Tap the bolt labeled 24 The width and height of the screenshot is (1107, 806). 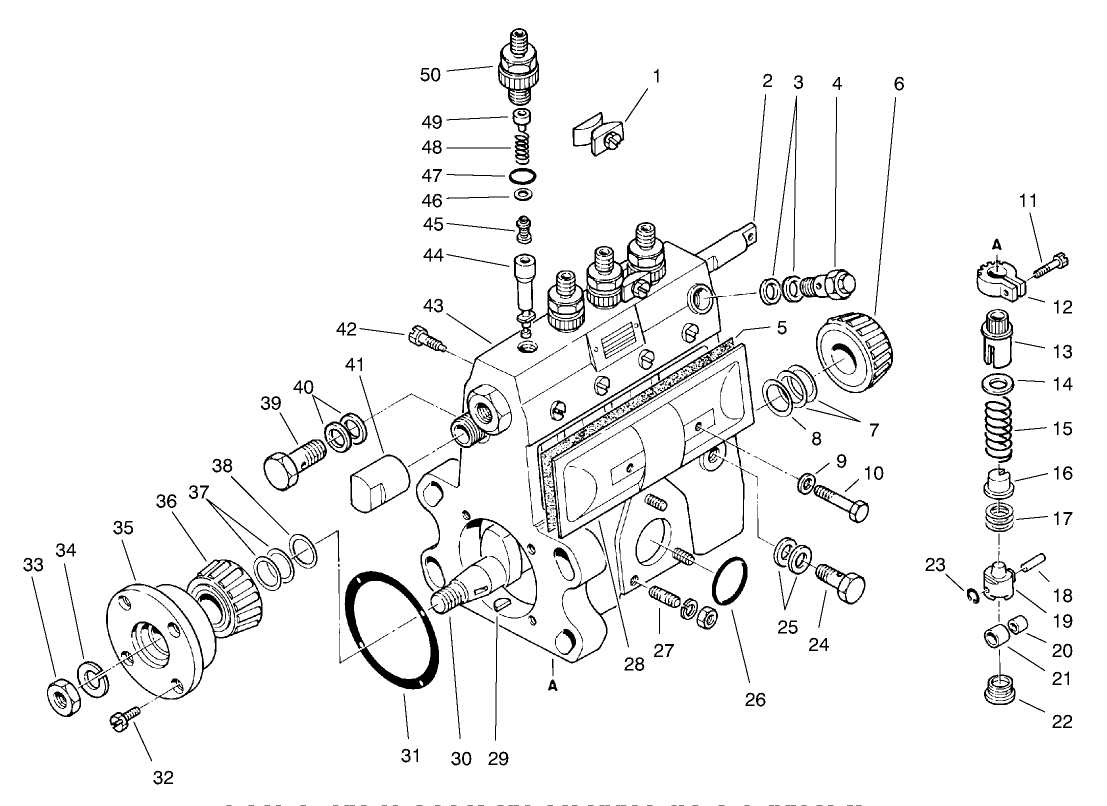840,582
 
